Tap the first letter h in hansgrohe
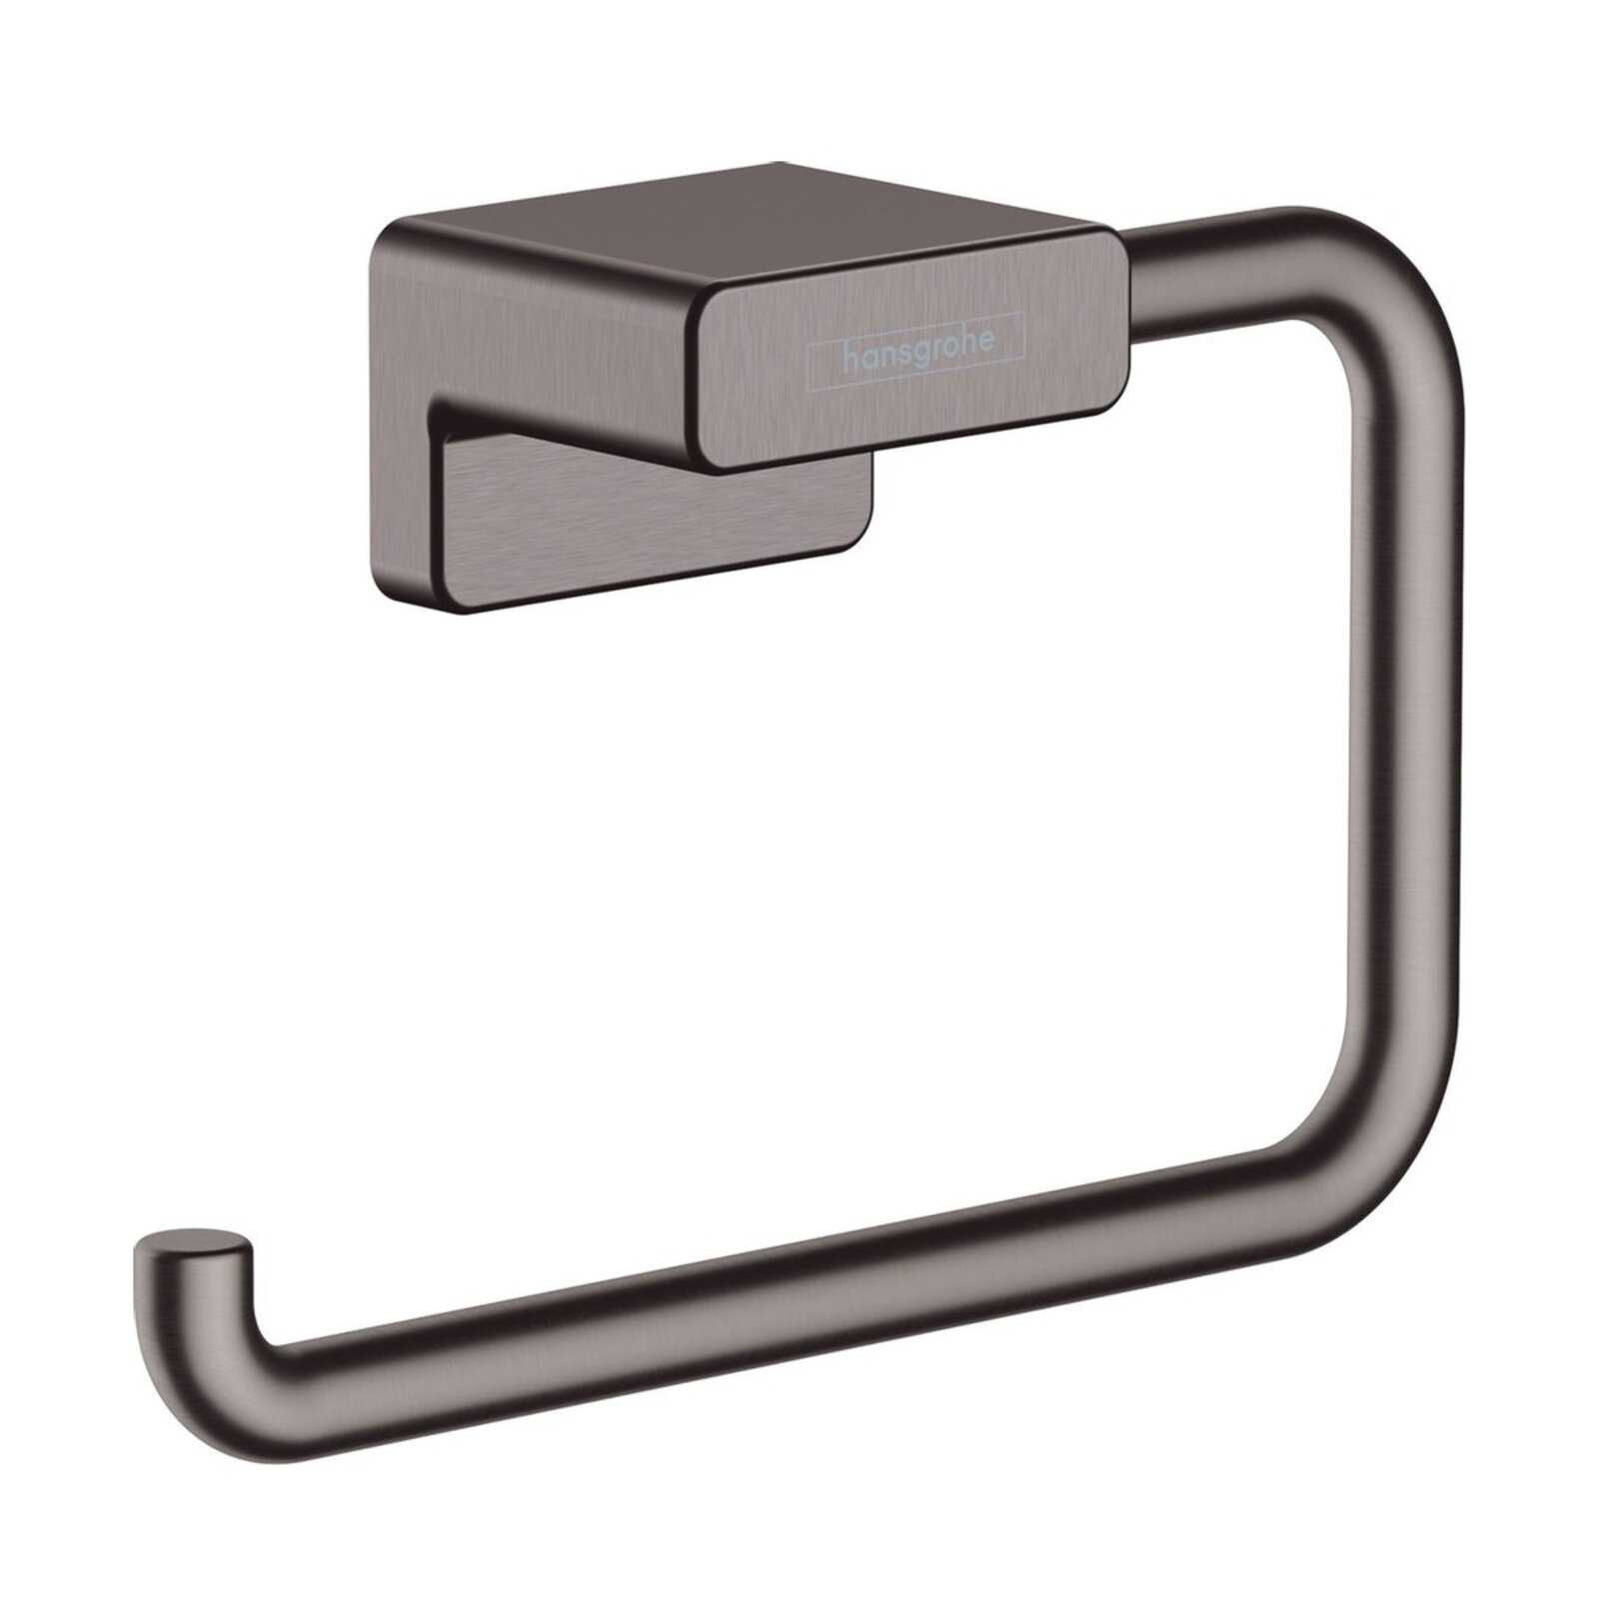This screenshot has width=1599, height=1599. (848, 355)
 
